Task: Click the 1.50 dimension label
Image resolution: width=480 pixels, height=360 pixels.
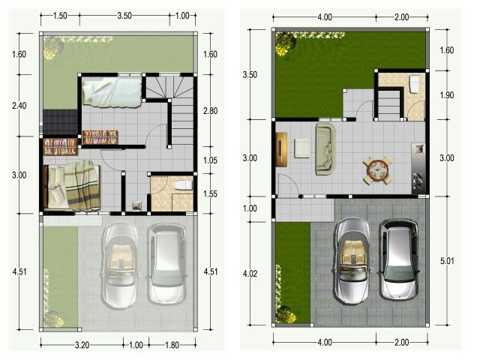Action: point(60,16)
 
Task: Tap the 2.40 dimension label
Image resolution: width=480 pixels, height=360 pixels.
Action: point(19,106)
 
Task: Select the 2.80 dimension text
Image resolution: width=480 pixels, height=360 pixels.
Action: point(210,111)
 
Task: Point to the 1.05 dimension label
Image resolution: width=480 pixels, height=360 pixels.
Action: point(210,160)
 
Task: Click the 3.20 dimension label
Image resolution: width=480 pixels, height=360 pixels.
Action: point(82,345)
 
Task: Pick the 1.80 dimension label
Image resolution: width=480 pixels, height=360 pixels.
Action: point(172,345)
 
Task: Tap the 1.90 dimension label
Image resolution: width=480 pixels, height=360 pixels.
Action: point(447,95)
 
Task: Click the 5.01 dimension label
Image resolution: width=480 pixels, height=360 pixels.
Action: point(447,261)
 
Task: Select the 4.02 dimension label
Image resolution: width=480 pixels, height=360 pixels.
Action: point(250,274)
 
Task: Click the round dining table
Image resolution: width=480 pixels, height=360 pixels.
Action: point(378,170)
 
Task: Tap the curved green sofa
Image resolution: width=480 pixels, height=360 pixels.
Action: point(325,148)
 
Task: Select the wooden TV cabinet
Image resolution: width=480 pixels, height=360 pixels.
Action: point(281,149)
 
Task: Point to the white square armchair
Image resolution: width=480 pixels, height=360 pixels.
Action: point(301,148)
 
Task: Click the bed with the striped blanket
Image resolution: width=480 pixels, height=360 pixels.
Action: point(72,186)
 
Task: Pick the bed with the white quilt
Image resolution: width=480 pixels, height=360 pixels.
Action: point(112,92)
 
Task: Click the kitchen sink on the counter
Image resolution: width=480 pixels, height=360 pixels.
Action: point(419,149)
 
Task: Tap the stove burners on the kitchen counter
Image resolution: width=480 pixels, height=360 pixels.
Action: point(418,180)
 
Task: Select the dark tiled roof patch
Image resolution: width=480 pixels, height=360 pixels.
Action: point(60,122)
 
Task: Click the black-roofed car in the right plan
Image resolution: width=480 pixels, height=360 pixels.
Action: point(398,259)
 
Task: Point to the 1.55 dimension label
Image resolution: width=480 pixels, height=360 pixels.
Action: point(210,194)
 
